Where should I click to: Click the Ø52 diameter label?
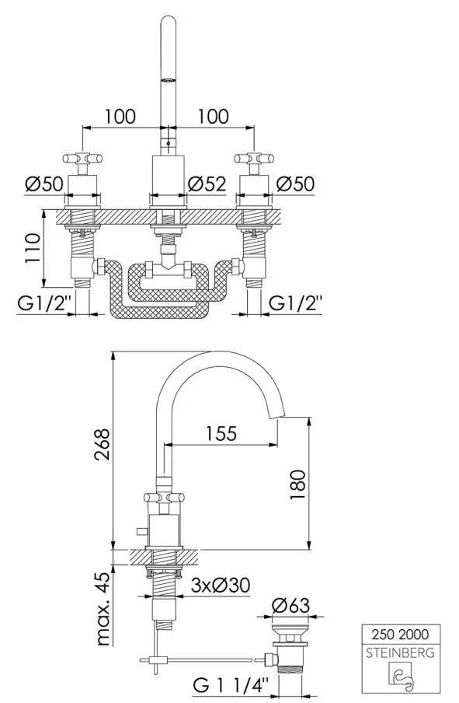[207, 184]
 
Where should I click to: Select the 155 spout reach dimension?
[221, 434]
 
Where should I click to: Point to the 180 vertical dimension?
[297, 485]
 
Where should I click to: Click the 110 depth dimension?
[33, 248]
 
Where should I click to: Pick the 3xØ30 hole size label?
[221, 585]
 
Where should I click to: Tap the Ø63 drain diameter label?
[290, 605]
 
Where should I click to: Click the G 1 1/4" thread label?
[231, 684]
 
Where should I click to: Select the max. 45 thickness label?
[103, 609]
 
